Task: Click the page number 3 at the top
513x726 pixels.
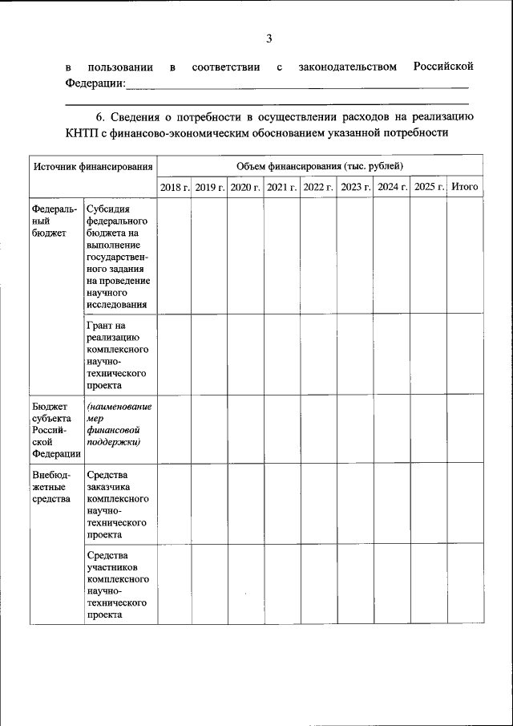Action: tap(269, 38)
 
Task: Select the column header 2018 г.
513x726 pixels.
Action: tap(175, 187)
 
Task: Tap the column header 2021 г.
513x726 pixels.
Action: tap(282, 187)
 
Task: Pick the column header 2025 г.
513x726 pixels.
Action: tap(430, 187)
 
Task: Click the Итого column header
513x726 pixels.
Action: tap(465, 187)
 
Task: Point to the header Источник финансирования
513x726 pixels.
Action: tap(93, 167)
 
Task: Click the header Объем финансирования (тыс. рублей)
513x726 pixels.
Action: tap(320, 166)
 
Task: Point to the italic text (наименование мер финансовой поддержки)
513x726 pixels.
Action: tap(119, 424)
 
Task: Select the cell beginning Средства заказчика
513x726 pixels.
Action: tap(118, 505)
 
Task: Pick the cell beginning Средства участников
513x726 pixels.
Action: tap(118, 584)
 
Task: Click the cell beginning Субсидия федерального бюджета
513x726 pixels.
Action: tap(119, 256)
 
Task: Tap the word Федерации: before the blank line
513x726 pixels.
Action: tap(95, 83)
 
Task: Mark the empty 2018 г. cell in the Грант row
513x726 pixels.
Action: tap(175, 355)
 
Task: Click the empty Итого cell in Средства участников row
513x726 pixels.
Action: tap(465, 584)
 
